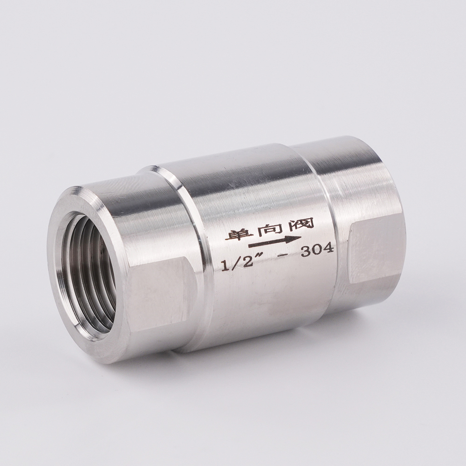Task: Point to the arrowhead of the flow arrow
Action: click(x=294, y=239)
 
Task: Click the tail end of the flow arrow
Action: click(x=249, y=246)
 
